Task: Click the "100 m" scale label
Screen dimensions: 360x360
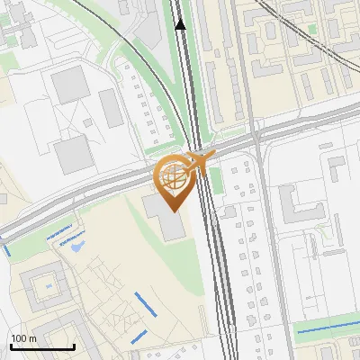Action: click(23, 338)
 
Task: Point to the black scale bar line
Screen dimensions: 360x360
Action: click(42, 346)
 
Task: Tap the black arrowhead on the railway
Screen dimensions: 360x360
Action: click(181, 24)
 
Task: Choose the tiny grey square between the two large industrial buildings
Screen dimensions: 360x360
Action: click(87, 121)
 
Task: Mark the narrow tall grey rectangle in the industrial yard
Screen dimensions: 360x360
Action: click(112, 108)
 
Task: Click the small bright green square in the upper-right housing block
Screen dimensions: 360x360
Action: click(314, 29)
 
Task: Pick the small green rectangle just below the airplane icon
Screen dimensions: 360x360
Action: click(216, 184)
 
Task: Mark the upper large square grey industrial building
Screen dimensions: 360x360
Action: click(69, 86)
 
